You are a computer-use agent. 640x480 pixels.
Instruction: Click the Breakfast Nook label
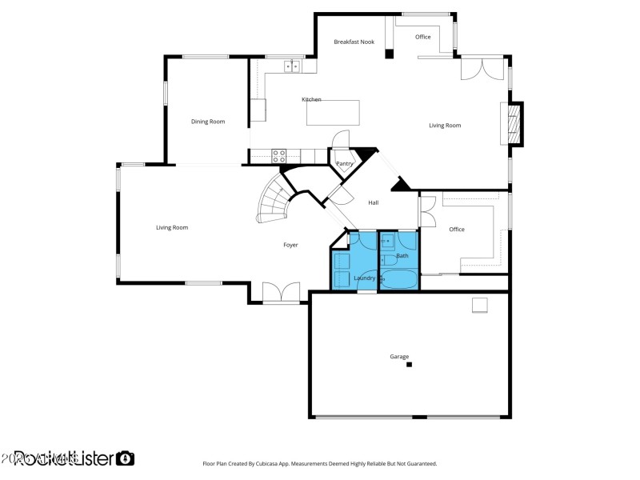[x=354, y=41]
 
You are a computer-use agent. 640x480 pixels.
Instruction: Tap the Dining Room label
[x=207, y=122]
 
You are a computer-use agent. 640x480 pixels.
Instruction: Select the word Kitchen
[x=311, y=99]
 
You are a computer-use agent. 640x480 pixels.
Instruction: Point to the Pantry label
[x=345, y=164]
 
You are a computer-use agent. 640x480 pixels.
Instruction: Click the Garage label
[x=399, y=357]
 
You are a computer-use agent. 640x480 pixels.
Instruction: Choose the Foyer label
[x=290, y=245]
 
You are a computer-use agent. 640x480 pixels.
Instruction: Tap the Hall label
[x=373, y=203]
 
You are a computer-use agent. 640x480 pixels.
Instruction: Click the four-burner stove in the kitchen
[x=279, y=154]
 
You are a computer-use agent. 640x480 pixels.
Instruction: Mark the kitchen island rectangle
[x=333, y=113]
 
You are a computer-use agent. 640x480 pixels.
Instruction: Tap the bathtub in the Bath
[x=397, y=280]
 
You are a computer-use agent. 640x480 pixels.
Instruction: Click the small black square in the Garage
[x=409, y=365]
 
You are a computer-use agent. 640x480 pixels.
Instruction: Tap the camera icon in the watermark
[x=125, y=458]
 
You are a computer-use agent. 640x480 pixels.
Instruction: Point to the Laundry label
[x=364, y=278]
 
